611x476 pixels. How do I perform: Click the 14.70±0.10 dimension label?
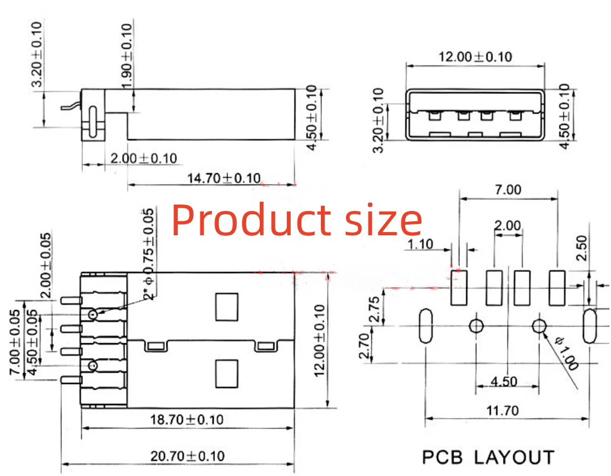pos(224,178)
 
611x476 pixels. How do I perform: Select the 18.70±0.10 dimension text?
pos(186,419)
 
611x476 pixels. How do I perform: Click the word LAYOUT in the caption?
pos(514,458)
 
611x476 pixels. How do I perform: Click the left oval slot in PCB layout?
pos(425,325)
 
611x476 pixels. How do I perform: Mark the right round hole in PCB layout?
pos(539,325)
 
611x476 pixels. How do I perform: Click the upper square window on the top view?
pos(226,306)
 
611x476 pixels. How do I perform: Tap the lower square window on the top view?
pos(226,374)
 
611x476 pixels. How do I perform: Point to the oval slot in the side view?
pos(93,119)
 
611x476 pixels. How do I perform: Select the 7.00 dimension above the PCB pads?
pos(508,189)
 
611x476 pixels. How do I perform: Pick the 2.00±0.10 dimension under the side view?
pos(143,158)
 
